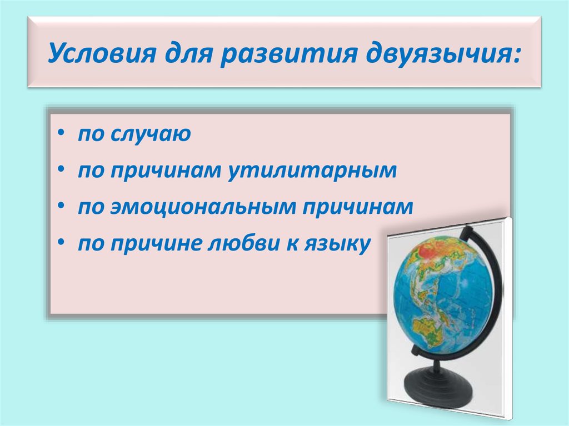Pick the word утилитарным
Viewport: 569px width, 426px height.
[312, 170]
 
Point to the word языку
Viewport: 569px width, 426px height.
[337, 244]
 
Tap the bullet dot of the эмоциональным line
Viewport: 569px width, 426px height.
[61, 207]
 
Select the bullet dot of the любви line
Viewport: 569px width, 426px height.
[61, 243]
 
